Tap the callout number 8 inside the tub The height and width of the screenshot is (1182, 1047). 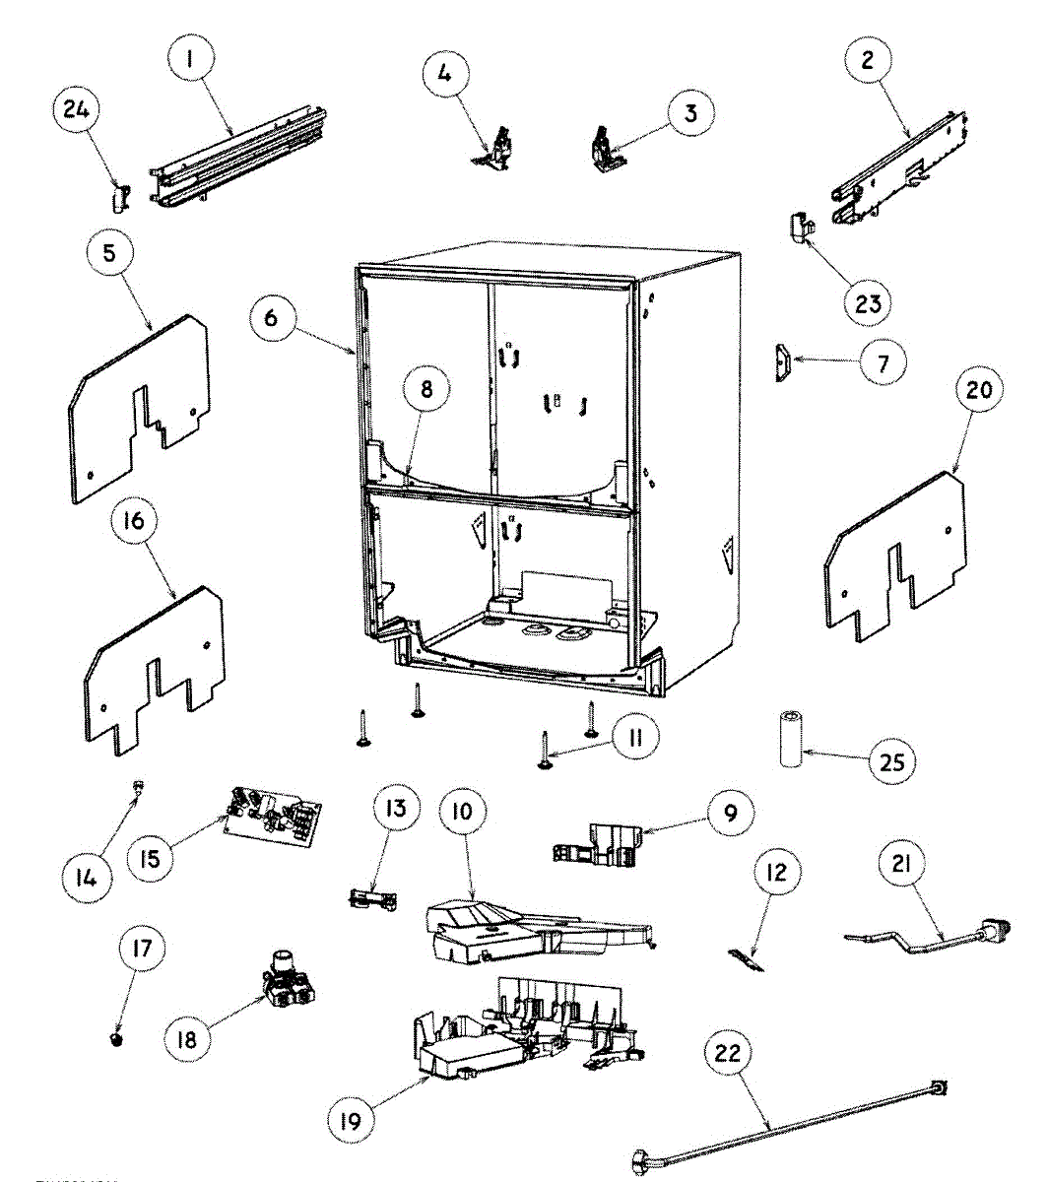[425, 389]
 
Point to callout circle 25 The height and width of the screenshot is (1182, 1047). [894, 761]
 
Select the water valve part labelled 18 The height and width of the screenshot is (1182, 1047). [288, 980]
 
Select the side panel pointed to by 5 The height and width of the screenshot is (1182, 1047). [138, 409]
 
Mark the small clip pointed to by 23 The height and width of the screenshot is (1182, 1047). [801, 228]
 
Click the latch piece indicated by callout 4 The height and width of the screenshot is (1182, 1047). [498, 151]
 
